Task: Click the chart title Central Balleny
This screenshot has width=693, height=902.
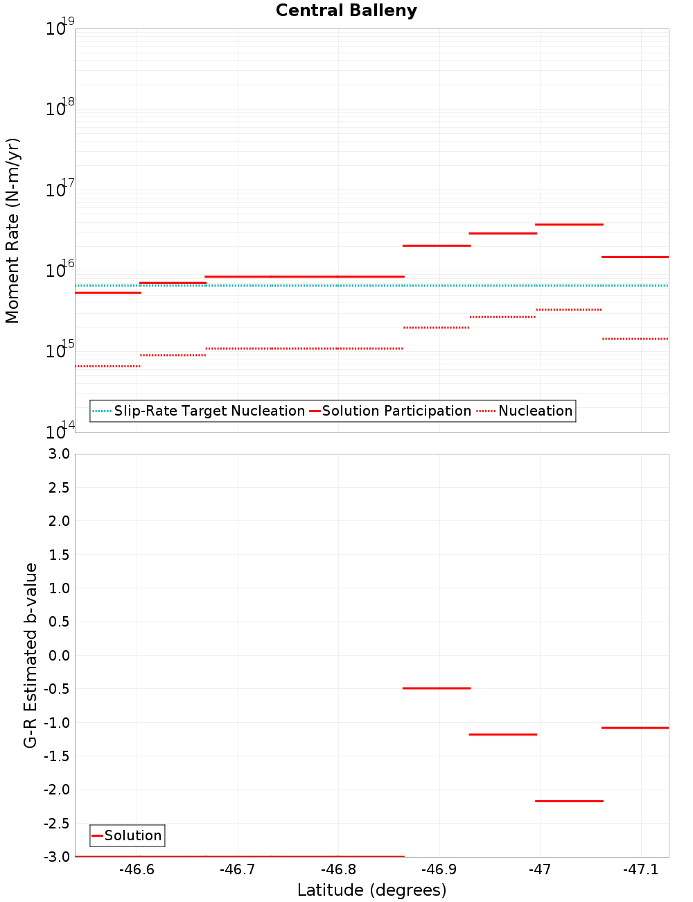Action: [346, 11]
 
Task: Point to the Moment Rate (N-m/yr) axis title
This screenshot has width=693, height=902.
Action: [12, 230]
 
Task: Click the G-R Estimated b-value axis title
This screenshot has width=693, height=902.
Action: [30, 655]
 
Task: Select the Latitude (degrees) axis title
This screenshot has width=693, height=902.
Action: [371, 890]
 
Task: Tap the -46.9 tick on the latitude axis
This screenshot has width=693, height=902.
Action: [439, 869]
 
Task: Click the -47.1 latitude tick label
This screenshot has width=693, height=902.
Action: [641, 869]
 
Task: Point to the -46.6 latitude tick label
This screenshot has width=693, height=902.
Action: [137, 869]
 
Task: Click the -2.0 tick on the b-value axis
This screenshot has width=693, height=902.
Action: [57, 790]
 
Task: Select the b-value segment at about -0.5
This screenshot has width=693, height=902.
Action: [437, 688]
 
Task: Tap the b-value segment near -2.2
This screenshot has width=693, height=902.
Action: [569, 801]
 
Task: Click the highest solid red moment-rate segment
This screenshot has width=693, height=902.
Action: [569, 225]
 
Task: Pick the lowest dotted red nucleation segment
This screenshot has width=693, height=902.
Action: [107, 366]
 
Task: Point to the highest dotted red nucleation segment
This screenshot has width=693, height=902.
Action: [569, 309]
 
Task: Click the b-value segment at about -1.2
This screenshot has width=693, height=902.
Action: [502, 734]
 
